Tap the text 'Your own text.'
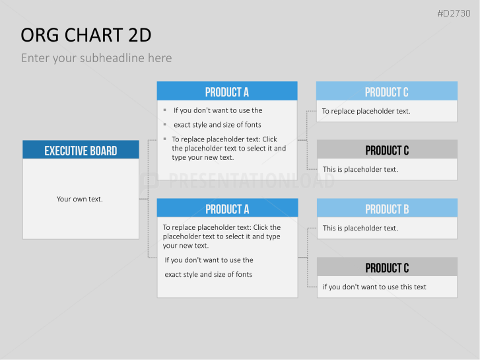tap(80, 199)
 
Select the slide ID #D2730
tap(454, 13)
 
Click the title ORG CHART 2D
tap(86, 35)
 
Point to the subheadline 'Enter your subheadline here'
tap(96, 58)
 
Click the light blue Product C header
tap(387, 91)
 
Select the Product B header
tap(387, 208)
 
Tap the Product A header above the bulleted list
tap(227, 91)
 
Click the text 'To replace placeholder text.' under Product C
tap(366, 111)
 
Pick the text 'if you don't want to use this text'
tap(374, 287)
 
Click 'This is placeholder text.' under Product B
tap(360, 229)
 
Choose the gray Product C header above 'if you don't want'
tap(387, 267)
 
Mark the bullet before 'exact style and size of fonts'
tap(165, 124)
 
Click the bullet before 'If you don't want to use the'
tap(165, 110)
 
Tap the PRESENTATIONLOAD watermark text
tap(252, 181)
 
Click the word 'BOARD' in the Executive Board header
tap(104, 151)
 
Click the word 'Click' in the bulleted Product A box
tap(269, 139)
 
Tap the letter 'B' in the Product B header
tap(406, 209)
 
